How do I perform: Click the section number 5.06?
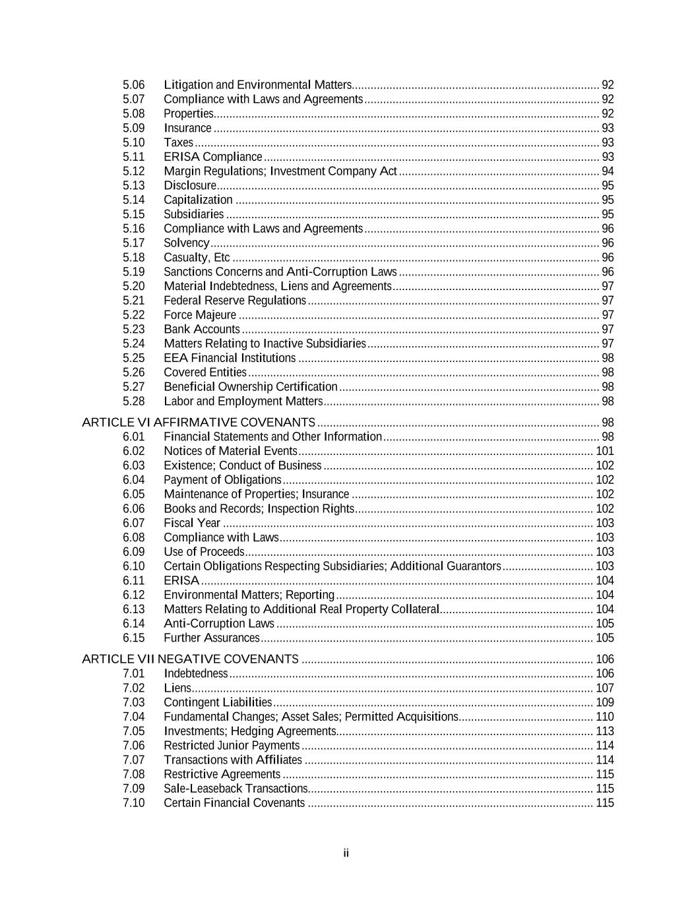click(x=133, y=84)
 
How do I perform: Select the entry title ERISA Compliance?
click(x=212, y=157)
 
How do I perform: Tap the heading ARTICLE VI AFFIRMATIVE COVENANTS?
click(x=198, y=422)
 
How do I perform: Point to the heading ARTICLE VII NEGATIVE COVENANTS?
click(x=190, y=659)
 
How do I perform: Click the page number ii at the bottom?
click(x=346, y=853)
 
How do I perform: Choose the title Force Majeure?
click(x=199, y=315)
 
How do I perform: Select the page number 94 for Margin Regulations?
click(x=608, y=171)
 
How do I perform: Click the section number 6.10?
click(x=133, y=566)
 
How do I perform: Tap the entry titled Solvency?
click(x=186, y=243)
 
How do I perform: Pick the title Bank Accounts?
click(x=201, y=329)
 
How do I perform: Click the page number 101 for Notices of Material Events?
click(x=604, y=451)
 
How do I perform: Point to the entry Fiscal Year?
click(x=191, y=523)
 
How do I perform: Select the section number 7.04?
click(x=133, y=716)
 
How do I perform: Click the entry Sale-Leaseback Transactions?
click(x=235, y=788)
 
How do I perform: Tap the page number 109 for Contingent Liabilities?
click(x=604, y=702)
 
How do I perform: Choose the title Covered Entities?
click(x=205, y=373)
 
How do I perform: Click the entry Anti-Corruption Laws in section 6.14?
click(x=218, y=623)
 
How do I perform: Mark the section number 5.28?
click(x=133, y=401)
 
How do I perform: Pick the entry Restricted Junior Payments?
click(x=231, y=745)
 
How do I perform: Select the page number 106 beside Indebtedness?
click(x=604, y=673)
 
